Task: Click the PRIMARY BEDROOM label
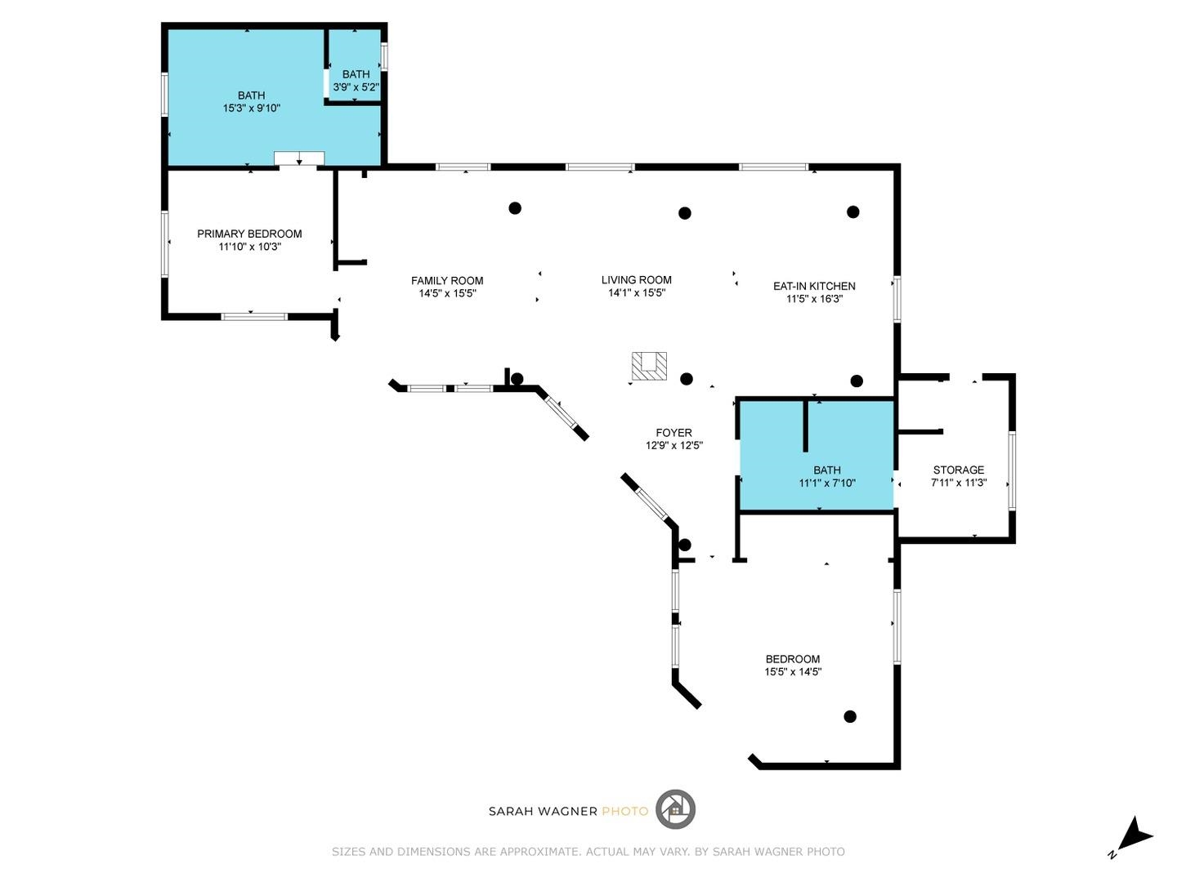(x=249, y=234)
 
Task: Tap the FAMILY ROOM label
(x=447, y=281)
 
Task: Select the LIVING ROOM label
(x=636, y=280)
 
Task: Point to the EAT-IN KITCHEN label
(x=814, y=286)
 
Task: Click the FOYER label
(x=674, y=433)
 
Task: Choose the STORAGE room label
(x=958, y=470)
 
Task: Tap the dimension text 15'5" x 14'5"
(x=793, y=672)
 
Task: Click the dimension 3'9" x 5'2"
(x=356, y=87)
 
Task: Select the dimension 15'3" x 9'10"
(x=252, y=108)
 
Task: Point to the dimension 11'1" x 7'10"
(x=827, y=483)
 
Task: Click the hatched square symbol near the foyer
(x=649, y=365)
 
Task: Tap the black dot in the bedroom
(x=850, y=716)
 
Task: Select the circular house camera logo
(x=675, y=810)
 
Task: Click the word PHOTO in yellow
(x=624, y=811)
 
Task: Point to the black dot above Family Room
(x=515, y=208)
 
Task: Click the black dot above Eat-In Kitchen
(x=853, y=212)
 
